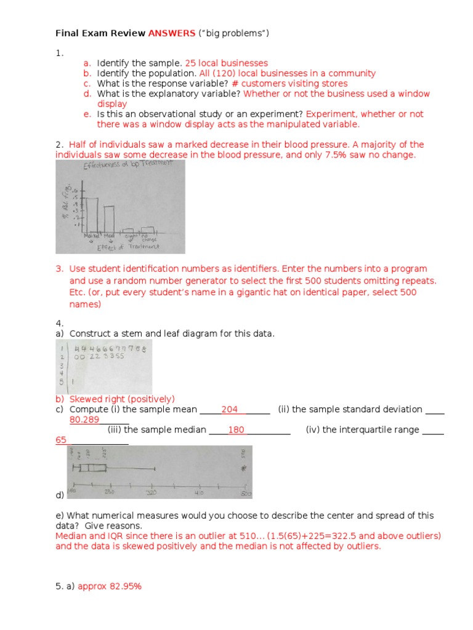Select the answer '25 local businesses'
tap(226, 63)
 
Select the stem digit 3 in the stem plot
tap(62, 364)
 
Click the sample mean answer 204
tap(229, 409)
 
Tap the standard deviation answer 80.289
tap(84, 420)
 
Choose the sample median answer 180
tap(236, 430)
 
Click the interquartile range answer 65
tap(61, 441)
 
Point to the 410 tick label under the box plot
tap(199, 493)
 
